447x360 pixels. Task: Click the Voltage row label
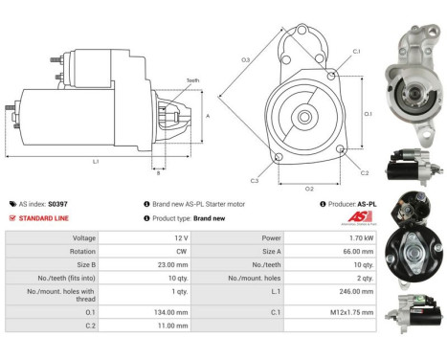84,237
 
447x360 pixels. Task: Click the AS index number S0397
58,204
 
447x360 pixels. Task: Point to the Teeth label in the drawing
192,80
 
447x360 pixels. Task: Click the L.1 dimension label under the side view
96,162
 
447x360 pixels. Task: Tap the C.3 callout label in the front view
255,180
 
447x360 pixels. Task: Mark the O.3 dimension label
245,59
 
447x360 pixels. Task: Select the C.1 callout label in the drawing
356,51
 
